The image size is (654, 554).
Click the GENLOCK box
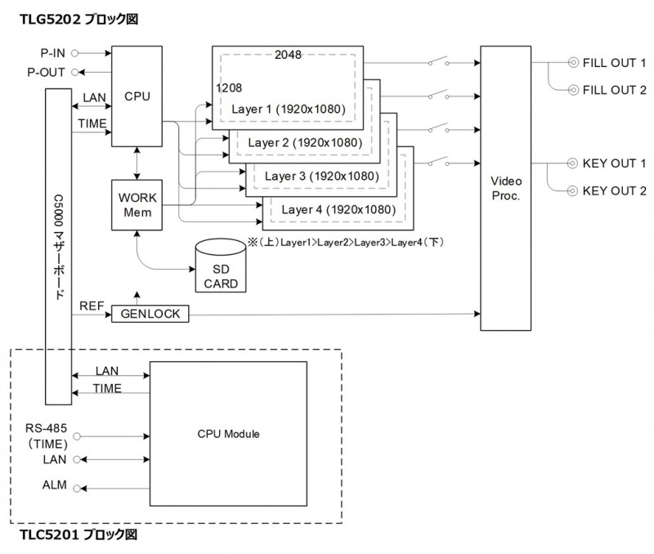(150, 314)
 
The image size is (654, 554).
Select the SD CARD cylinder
(221, 266)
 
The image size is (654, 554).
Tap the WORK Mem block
(137, 205)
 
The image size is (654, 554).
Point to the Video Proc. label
(506, 189)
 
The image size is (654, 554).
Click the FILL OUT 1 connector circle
(574, 63)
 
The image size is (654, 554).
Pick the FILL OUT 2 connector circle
(574, 90)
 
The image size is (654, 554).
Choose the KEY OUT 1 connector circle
(573, 163)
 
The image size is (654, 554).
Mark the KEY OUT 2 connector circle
(573, 191)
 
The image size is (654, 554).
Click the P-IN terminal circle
(75, 53)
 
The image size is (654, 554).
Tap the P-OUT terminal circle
(75, 72)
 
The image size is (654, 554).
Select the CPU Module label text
(229, 434)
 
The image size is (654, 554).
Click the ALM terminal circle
(77, 488)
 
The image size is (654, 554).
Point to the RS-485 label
(46, 428)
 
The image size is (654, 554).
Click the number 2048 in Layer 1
(288, 55)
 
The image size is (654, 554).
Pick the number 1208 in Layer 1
(229, 88)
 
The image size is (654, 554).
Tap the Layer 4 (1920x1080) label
(338, 209)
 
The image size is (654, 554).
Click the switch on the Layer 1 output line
(439, 62)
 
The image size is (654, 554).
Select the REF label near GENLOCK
(92, 306)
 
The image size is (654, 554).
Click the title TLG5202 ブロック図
(78, 19)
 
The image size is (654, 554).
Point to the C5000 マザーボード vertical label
(59, 247)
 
